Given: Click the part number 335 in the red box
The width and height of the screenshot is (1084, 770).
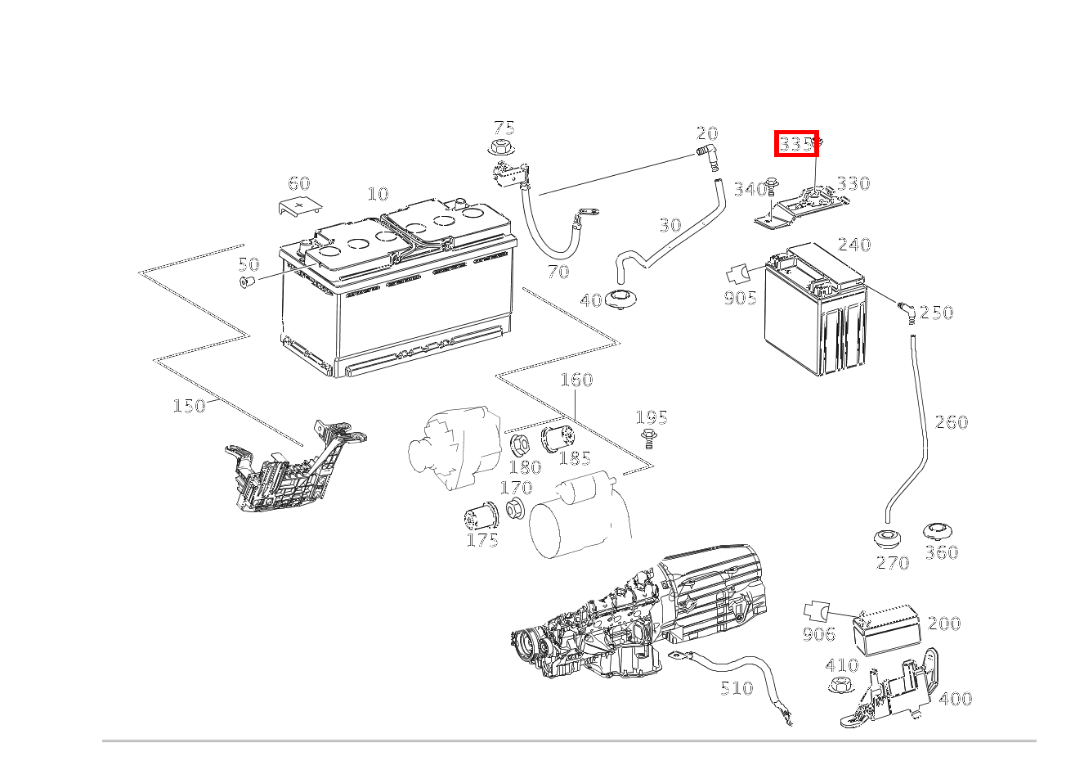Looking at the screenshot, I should pos(796,144).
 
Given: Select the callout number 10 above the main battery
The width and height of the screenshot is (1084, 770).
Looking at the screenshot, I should pos(378,195).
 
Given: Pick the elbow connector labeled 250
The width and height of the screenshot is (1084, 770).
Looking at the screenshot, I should pos(905,309).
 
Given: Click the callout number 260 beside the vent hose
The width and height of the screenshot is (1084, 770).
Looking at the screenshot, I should pos(951,422).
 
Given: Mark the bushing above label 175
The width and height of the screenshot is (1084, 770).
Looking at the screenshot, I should pos(479,518).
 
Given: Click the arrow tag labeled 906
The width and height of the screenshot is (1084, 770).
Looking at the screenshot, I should pos(816,611).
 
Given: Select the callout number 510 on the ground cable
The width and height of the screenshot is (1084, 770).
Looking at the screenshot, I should pos(736,688).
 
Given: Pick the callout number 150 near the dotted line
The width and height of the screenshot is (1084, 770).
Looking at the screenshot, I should pos(189,406).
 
